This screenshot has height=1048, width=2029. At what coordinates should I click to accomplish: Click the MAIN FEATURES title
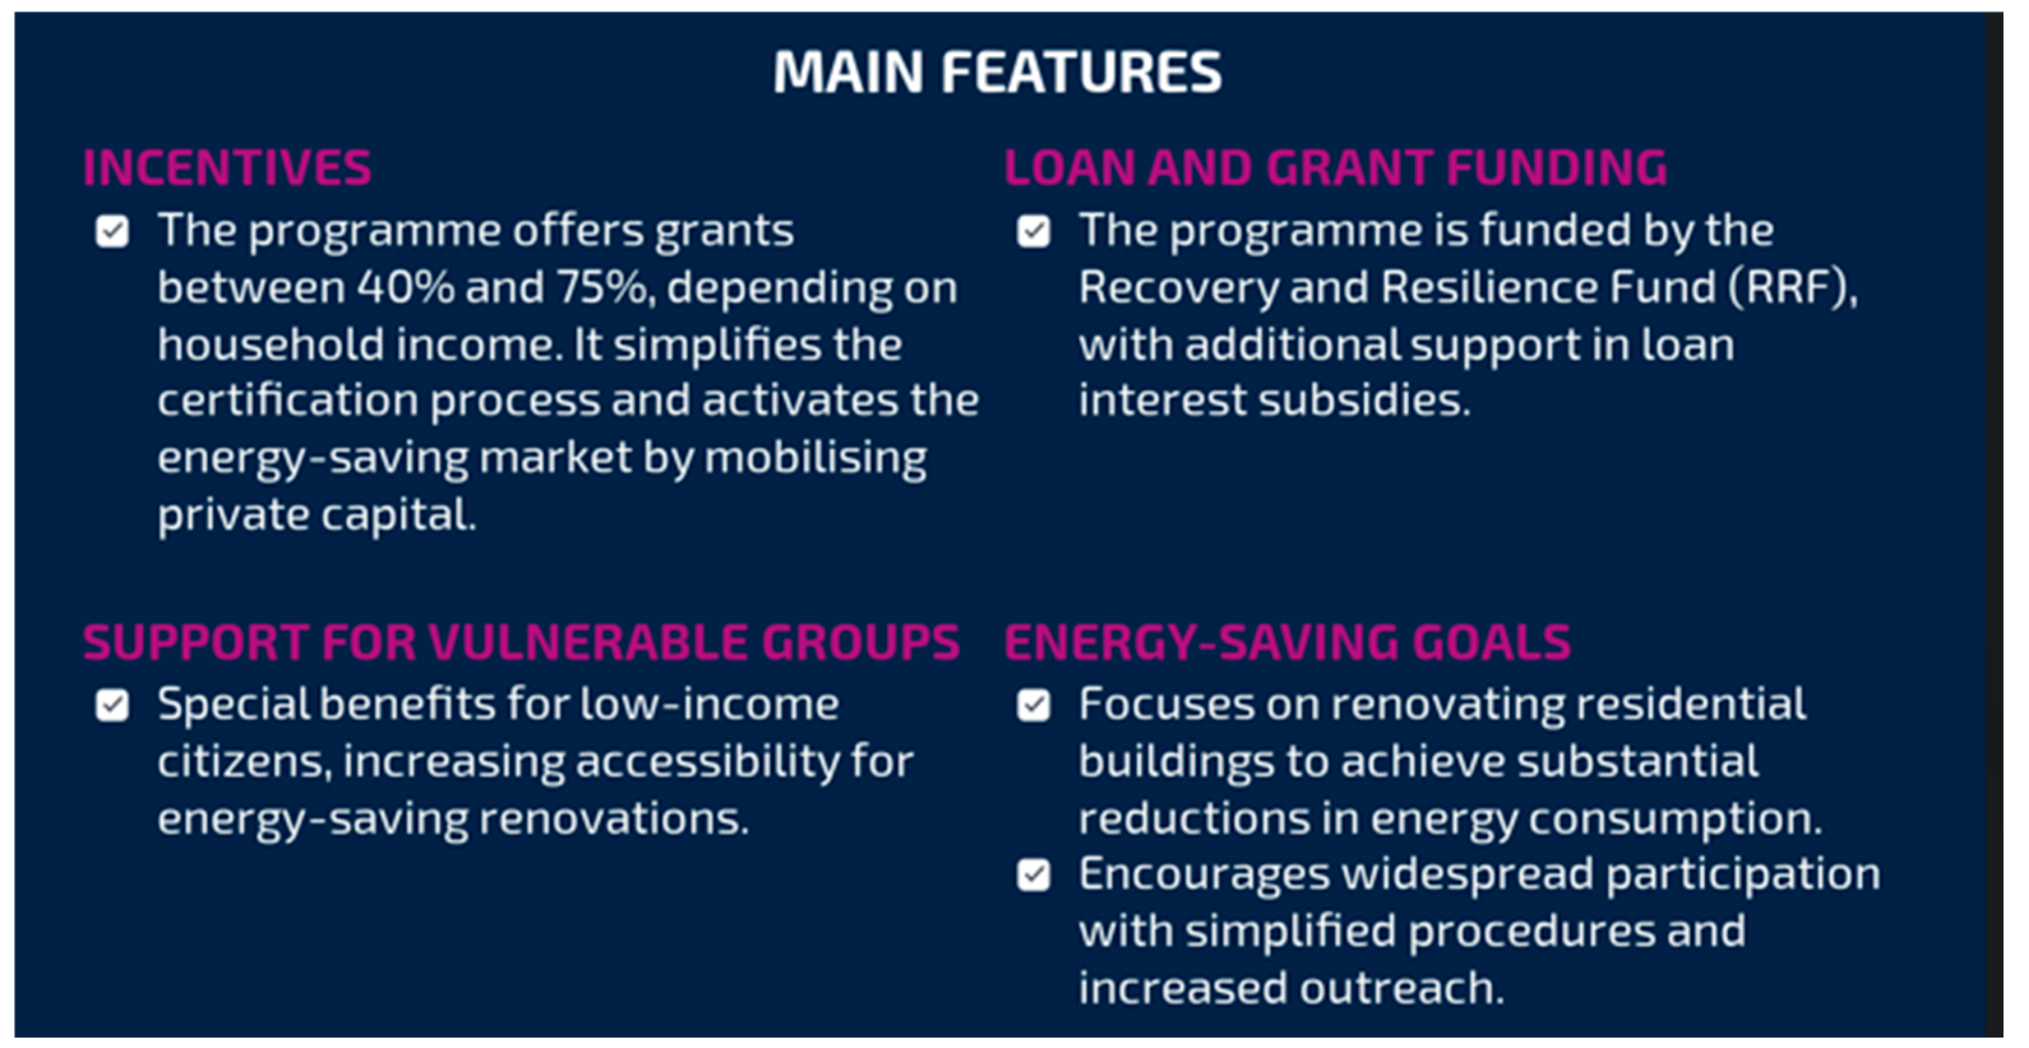(997, 71)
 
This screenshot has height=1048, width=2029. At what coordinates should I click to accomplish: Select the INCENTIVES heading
(227, 167)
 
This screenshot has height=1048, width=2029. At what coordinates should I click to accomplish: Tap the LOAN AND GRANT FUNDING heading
(1335, 167)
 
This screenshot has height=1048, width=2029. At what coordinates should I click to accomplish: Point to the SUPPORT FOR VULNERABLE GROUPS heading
(521, 641)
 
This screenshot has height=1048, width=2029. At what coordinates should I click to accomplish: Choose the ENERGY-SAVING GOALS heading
(1287, 641)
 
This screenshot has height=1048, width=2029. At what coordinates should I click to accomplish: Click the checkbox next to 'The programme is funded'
(1033, 232)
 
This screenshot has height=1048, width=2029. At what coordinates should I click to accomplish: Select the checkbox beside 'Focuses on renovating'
(1033, 705)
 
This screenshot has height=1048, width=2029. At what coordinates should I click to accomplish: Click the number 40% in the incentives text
(406, 288)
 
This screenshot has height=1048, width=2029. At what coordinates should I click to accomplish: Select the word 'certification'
(288, 401)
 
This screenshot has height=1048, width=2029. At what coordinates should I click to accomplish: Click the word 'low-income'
(709, 704)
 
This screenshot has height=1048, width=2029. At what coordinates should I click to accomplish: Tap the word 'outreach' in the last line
(1401, 989)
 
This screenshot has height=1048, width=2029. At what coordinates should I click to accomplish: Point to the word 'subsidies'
(1364, 401)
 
